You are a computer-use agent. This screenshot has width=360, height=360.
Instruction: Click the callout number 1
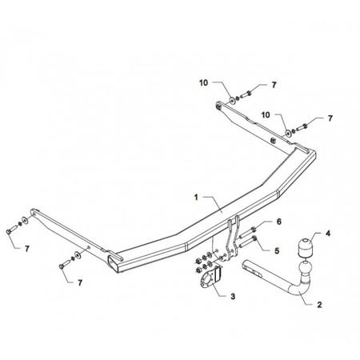[x=196, y=198]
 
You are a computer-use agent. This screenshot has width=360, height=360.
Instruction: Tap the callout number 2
[x=319, y=305]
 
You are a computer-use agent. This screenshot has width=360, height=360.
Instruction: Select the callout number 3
[x=233, y=296]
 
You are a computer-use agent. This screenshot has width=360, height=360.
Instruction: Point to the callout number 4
[x=328, y=234]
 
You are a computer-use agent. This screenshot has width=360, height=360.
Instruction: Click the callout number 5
[x=277, y=251]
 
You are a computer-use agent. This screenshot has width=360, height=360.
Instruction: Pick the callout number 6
[x=279, y=222]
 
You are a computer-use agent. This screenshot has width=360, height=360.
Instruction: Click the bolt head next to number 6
[x=254, y=229]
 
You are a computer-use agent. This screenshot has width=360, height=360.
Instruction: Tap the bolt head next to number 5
[x=254, y=238]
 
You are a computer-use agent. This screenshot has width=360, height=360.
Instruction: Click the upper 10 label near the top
[x=203, y=83]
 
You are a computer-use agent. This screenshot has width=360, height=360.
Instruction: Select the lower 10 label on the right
[x=266, y=115]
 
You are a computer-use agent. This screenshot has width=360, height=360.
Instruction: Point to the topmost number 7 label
[x=274, y=85]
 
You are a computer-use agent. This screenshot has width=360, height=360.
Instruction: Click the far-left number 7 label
[x=27, y=249]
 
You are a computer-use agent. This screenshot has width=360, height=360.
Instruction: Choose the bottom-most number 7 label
[x=80, y=283]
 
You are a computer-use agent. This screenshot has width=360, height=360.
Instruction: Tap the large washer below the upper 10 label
[x=232, y=101]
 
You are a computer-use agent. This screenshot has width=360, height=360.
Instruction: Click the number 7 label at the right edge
[x=330, y=118]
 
